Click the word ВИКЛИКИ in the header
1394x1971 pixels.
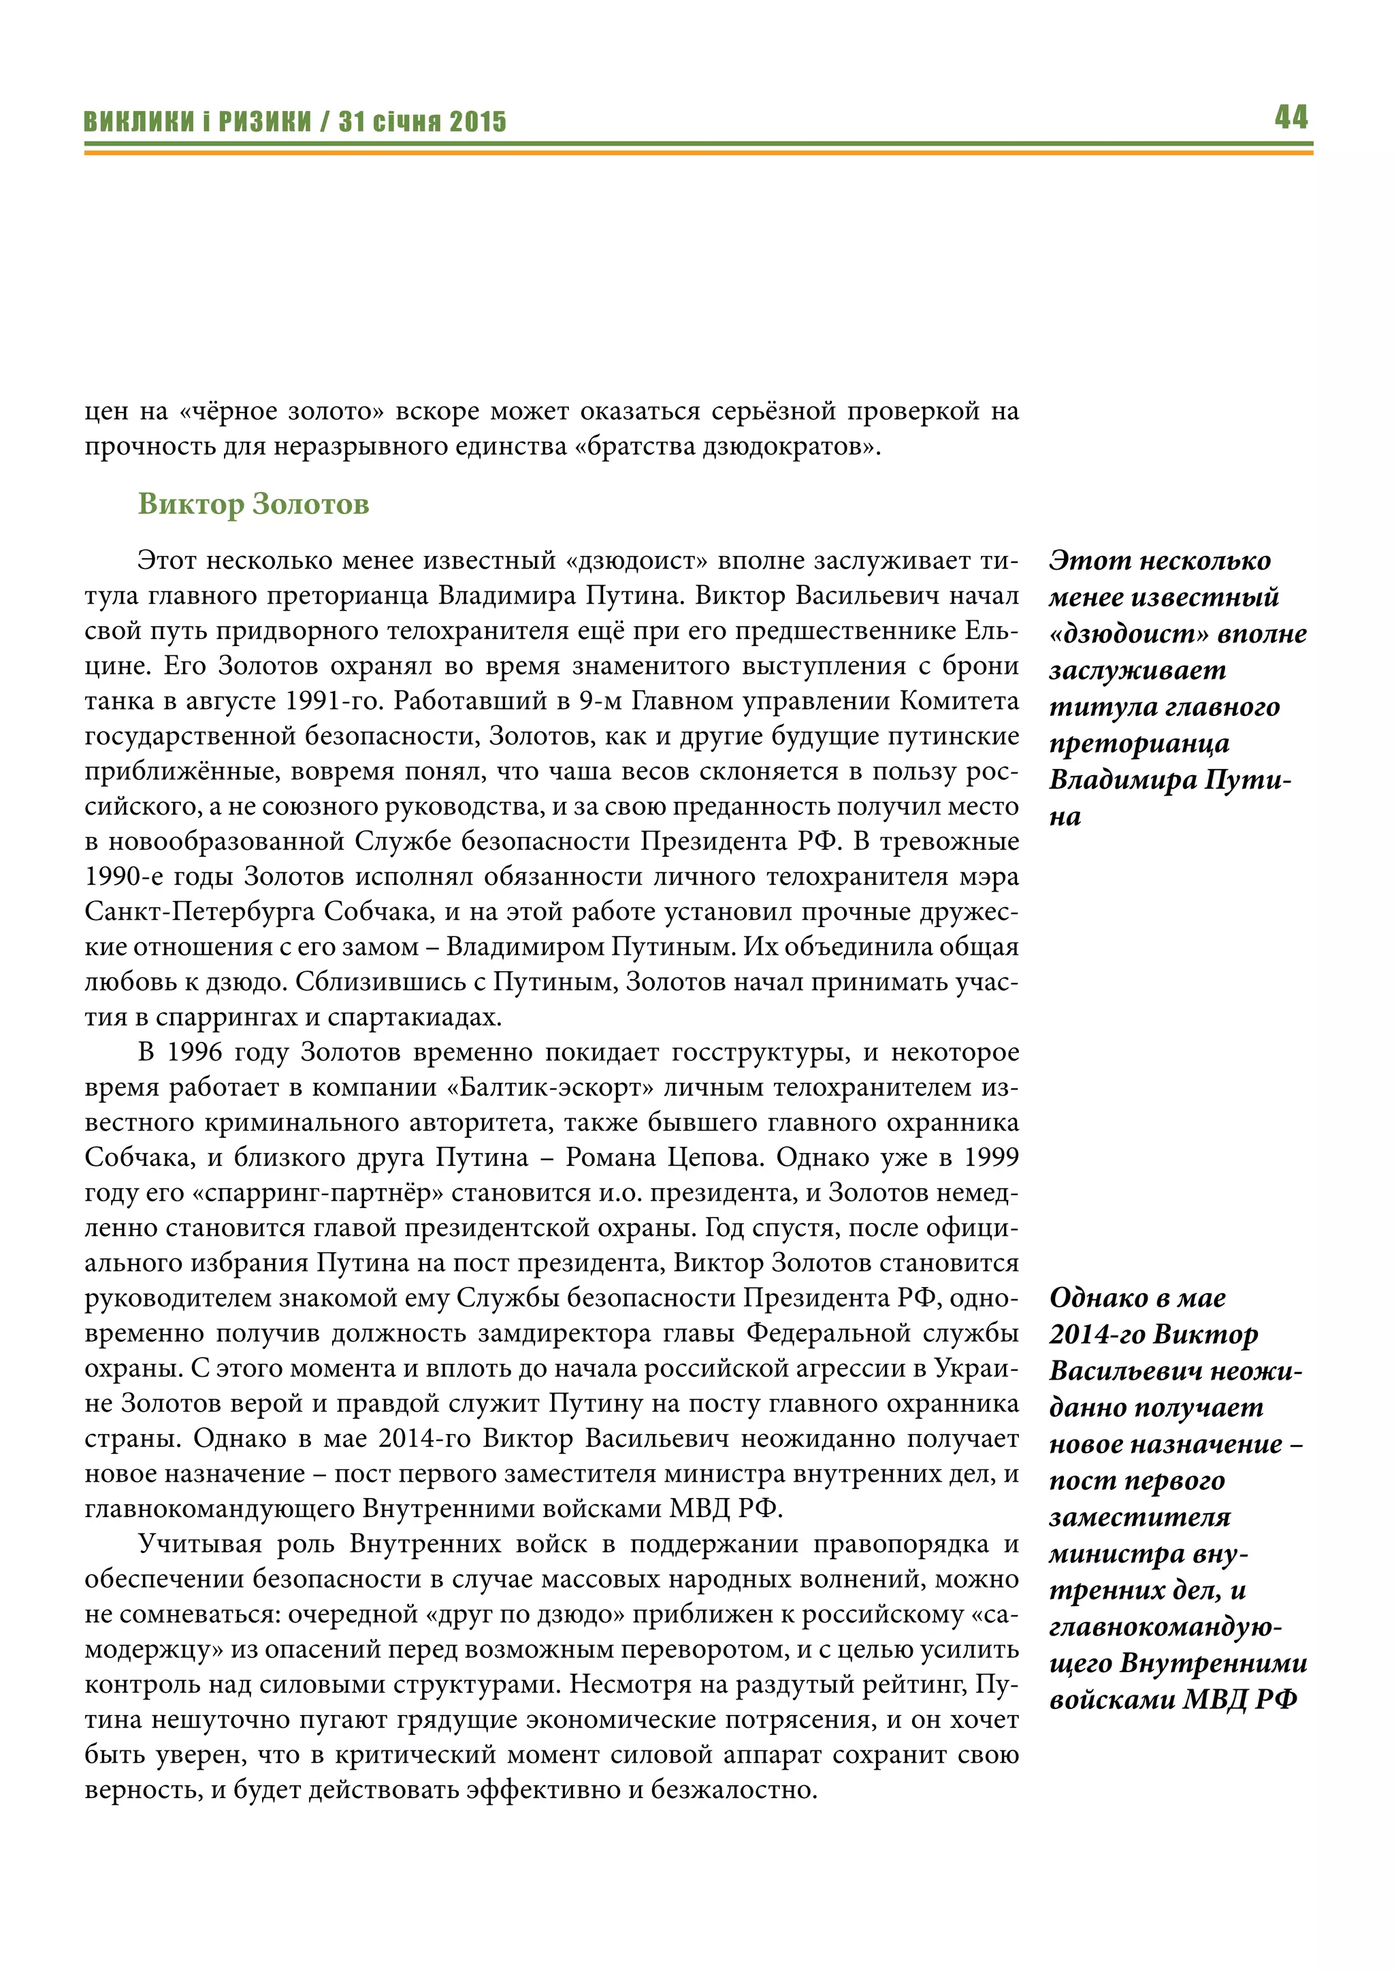click(139, 122)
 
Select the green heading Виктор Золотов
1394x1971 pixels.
click(253, 504)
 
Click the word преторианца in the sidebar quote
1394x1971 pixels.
click(1138, 743)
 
